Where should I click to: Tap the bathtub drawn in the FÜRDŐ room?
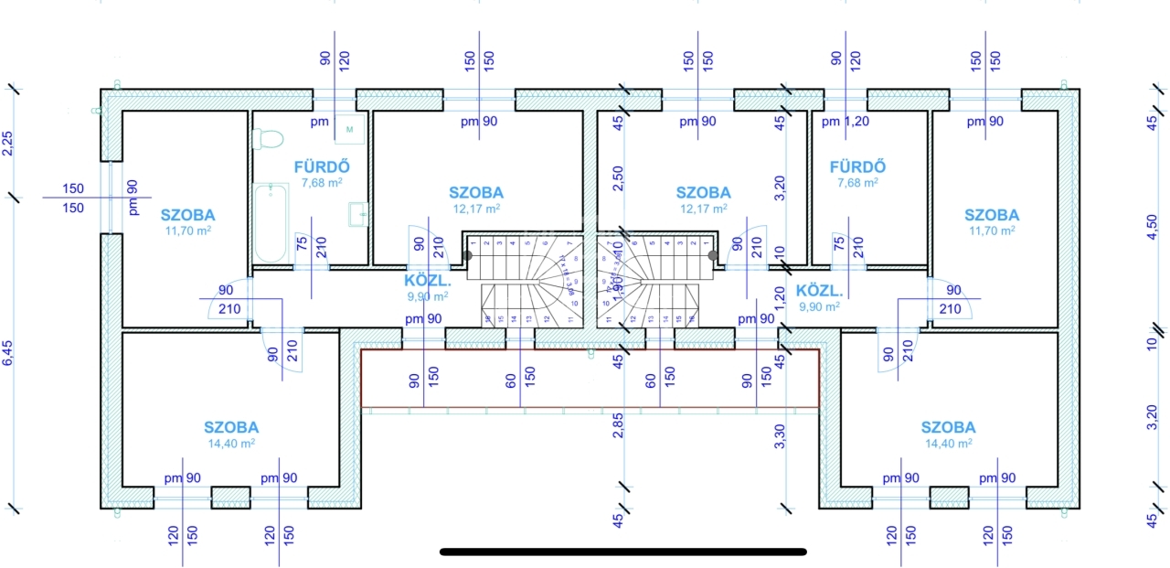click(x=269, y=222)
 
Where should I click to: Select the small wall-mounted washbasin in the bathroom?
click(x=358, y=214)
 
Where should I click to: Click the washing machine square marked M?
click(x=349, y=130)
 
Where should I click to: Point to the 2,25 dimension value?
click(x=9, y=144)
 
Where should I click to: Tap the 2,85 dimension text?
click(x=618, y=427)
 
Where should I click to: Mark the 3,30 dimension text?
click(x=780, y=436)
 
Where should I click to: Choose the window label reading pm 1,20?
click(x=844, y=121)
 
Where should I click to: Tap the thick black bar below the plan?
click(x=622, y=552)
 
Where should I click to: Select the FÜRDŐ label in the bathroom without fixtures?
click(x=857, y=166)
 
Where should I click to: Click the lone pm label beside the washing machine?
click(x=319, y=121)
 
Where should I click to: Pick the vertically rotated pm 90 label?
click(x=133, y=198)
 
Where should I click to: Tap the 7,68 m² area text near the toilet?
click(x=321, y=183)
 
